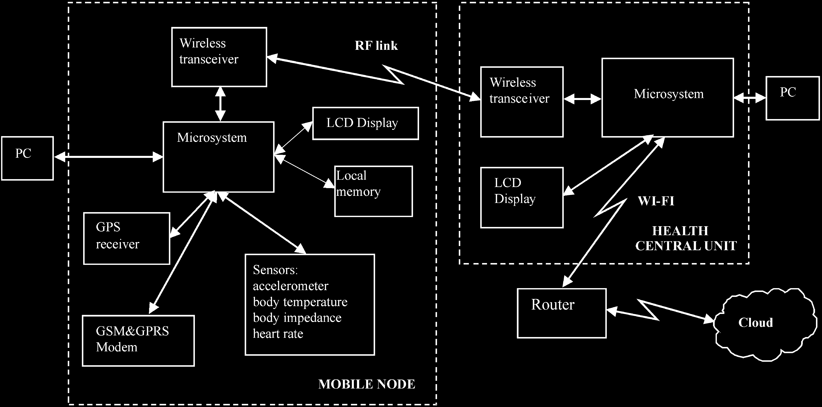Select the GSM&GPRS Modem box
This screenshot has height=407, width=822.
tap(138, 341)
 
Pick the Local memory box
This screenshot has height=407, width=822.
tap(373, 191)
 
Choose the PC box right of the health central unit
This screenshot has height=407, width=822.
tap(793, 98)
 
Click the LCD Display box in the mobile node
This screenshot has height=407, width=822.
tap(365, 123)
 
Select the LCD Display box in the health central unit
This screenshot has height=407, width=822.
tap(522, 197)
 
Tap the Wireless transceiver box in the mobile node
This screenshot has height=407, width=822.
tap(219, 57)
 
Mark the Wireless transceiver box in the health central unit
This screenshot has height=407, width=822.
tap(522, 101)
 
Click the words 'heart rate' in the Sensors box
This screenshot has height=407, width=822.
tap(278, 334)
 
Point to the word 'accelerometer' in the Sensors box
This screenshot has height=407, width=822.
tap(290, 286)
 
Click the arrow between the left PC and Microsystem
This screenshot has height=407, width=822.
tap(108, 157)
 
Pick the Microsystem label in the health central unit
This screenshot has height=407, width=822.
tap(669, 94)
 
